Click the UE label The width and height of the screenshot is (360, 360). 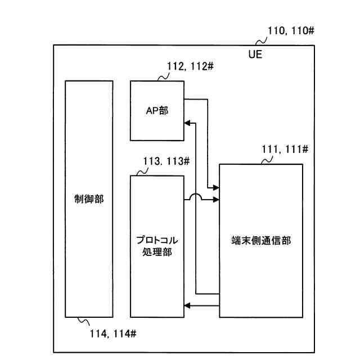(255, 55)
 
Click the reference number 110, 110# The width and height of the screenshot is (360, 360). (291, 31)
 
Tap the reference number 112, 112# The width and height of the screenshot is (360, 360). (190, 66)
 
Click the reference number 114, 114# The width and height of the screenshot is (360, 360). (113, 334)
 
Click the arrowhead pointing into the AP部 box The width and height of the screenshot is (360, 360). (188, 123)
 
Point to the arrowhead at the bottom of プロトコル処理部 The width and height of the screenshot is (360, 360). (188, 305)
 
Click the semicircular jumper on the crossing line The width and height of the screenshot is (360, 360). (195, 197)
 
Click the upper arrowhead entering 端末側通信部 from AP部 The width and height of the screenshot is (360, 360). (215, 187)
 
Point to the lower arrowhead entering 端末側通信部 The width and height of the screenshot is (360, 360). (215, 200)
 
